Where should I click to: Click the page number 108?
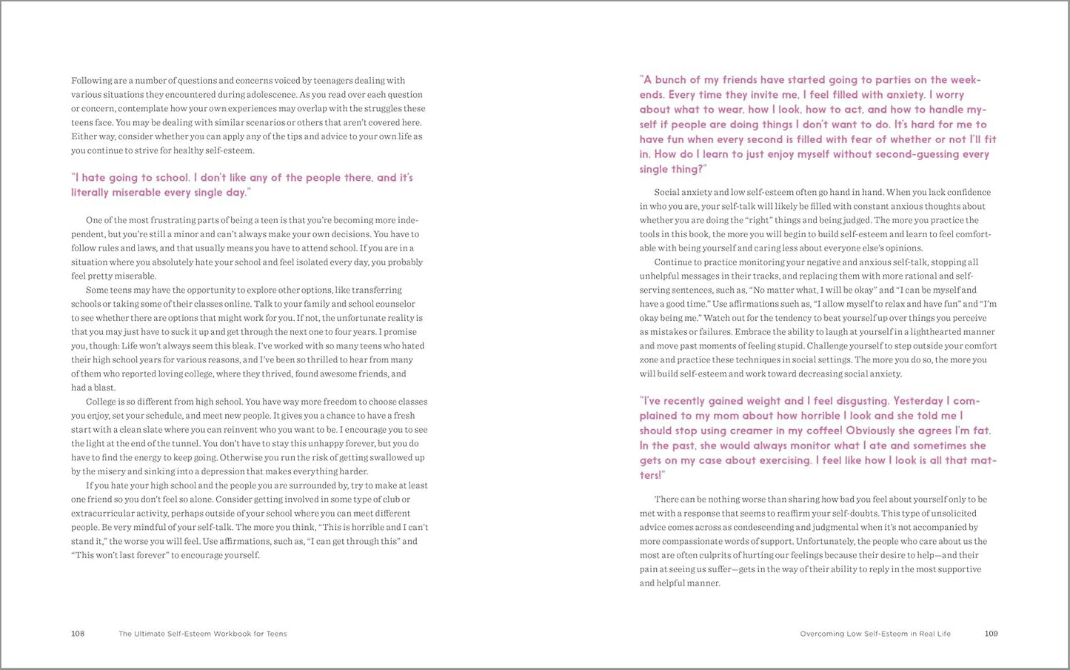pyautogui.click(x=78, y=634)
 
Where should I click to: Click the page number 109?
pyautogui.click(x=991, y=634)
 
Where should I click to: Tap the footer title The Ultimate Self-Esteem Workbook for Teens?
pyautogui.click(x=203, y=634)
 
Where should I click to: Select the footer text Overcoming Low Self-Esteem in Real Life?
pyautogui.click(x=875, y=634)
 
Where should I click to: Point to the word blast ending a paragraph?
pyautogui.click(x=104, y=388)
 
